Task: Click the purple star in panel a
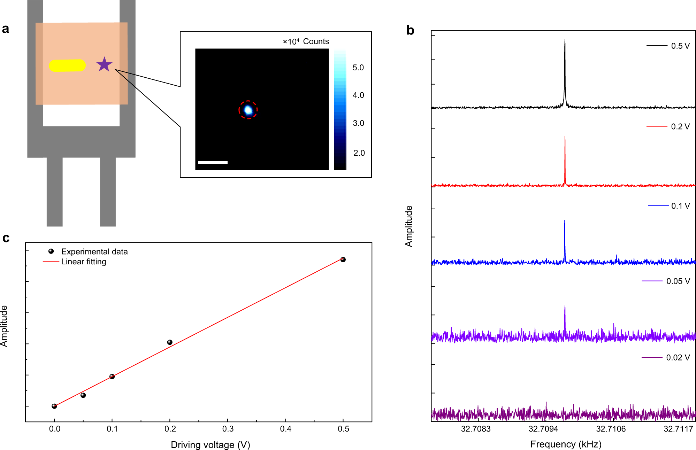pos(104,65)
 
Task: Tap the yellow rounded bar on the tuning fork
pos(67,65)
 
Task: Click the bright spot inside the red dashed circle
pos(248,110)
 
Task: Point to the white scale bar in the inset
pos(213,162)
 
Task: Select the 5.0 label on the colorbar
pos(358,68)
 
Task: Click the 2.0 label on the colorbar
pos(359,153)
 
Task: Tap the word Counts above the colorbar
pos(316,41)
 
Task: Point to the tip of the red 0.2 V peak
pos(565,137)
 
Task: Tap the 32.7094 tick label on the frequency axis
pos(543,429)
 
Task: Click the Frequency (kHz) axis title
pos(566,444)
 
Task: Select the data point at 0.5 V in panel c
pos(343,259)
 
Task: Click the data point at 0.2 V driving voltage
pos(170,342)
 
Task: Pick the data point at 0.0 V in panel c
pos(54,406)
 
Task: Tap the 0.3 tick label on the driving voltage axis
pos(228,429)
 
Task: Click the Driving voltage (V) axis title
pos(211,445)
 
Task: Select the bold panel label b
pos(410,30)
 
